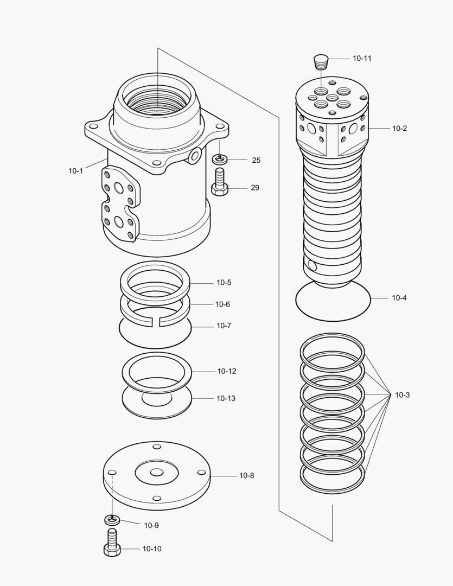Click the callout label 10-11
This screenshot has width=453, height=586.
pyautogui.click(x=362, y=58)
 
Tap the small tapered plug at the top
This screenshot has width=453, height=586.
pyautogui.click(x=322, y=61)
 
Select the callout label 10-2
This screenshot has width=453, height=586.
pyautogui.click(x=399, y=129)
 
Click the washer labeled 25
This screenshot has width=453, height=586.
pyautogui.click(x=220, y=160)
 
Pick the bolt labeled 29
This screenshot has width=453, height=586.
pyautogui.click(x=219, y=184)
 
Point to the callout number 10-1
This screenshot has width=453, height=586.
pyautogui.click(x=75, y=171)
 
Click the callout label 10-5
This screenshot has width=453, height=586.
pyautogui.click(x=224, y=283)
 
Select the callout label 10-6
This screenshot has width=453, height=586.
pyautogui.click(x=222, y=304)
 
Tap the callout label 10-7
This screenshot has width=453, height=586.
pyautogui.click(x=224, y=326)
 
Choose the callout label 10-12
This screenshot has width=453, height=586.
pyautogui.click(x=226, y=371)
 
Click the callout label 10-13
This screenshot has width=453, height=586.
pyautogui.click(x=226, y=398)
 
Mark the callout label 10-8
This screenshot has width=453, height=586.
pyautogui.click(x=246, y=476)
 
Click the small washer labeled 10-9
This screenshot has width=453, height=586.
pyautogui.click(x=111, y=520)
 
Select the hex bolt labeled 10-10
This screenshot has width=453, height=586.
pyautogui.click(x=111, y=544)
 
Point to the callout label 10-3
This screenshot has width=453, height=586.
pyautogui.click(x=402, y=395)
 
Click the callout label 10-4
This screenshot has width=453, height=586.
pyautogui.click(x=399, y=298)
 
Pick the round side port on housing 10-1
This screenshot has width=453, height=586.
pyautogui.click(x=194, y=156)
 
